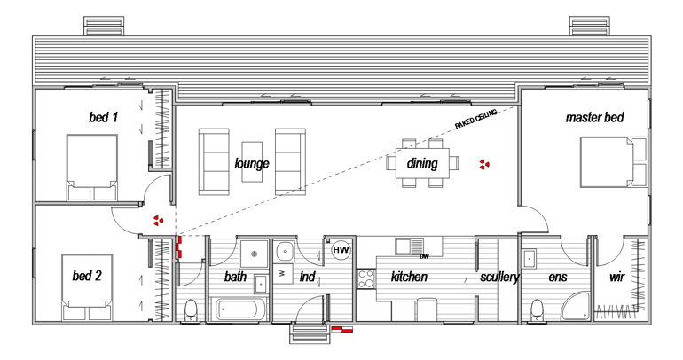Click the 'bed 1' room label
coord(104,116)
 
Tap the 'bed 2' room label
coord(87,276)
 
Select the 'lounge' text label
coord(252,164)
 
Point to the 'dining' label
coord(422,163)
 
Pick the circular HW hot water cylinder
coord(341,251)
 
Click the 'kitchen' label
coord(409,278)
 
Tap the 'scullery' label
coord(499,278)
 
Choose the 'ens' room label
coord(557,278)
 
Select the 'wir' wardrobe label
coord(616,278)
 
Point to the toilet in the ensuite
coord(536,309)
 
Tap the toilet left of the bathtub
coord(191,309)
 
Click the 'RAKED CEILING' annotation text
coord(476,119)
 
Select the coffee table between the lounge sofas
coord(253,161)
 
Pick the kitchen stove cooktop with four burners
coord(365,278)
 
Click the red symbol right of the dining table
coord(484,164)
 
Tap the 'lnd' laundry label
coord(308,278)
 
